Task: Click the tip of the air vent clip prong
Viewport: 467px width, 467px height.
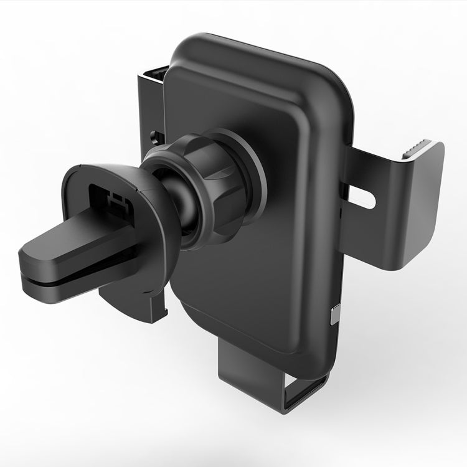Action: [31, 262]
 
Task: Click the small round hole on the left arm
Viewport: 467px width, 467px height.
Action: [154, 134]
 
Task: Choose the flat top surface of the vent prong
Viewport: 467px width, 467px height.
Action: [62, 243]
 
